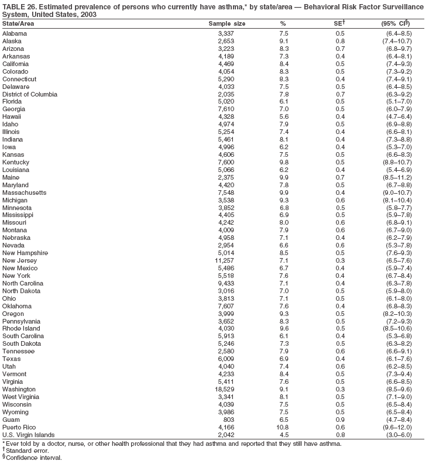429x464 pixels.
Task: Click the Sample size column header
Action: click(227, 23)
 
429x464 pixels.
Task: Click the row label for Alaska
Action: click(12, 41)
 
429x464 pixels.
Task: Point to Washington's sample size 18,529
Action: click(224, 389)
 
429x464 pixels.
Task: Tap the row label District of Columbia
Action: click(30, 94)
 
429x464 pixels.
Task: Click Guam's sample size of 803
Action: click(229, 420)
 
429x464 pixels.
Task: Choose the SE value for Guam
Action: click(340, 420)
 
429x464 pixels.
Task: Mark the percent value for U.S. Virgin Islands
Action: click(284, 435)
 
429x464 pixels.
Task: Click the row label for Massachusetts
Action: click(24, 193)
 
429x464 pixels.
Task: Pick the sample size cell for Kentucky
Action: click(226, 162)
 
